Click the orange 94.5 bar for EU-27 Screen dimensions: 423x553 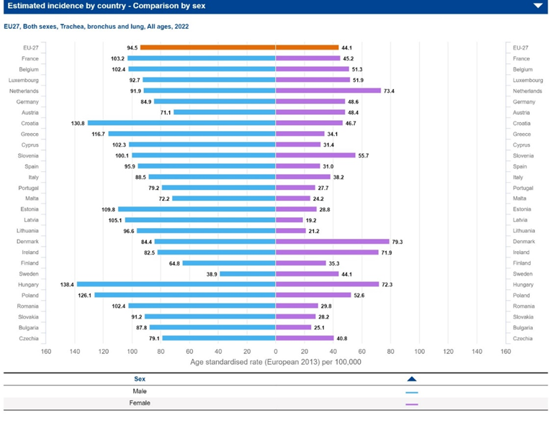coord(208,47)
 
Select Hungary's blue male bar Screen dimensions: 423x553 coord(176,284)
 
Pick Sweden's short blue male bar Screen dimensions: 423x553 coord(248,273)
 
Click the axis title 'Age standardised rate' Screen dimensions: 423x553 coord(276,362)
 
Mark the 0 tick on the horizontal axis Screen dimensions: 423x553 coord(276,351)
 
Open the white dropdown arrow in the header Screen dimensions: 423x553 coord(538,6)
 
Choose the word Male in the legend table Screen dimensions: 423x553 coord(140,391)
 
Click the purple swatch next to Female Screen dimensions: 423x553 coord(412,404)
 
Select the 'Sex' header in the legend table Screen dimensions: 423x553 coord(140,378)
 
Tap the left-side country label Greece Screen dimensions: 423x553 coord(30,134)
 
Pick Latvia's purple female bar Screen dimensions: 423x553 coord(289,219)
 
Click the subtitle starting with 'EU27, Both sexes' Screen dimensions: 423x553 coord(97,26)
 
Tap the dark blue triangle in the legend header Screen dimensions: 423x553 coord(412,378)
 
